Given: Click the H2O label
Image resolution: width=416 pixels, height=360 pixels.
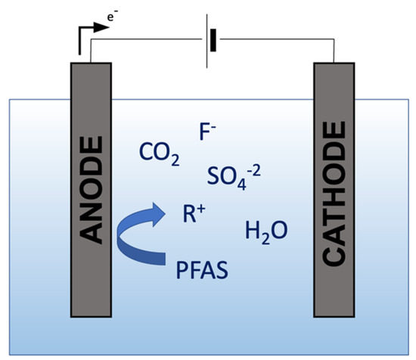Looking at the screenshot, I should (265, 231).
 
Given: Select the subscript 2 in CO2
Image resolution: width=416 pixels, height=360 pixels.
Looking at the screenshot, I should (175, 161).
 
